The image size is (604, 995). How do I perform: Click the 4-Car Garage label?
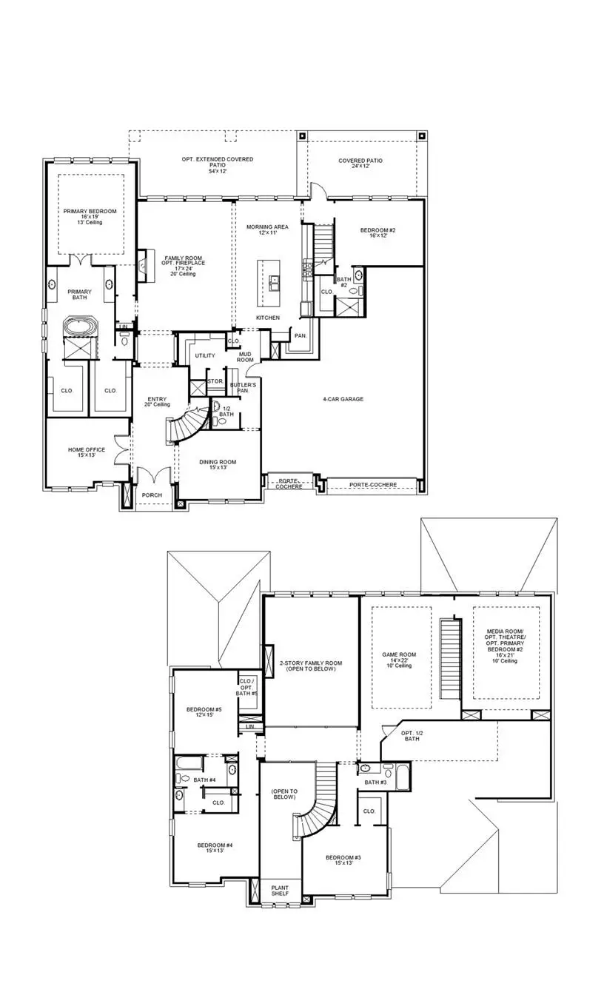342,399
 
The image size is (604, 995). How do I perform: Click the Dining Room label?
217,464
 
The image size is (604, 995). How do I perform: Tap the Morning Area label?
267,230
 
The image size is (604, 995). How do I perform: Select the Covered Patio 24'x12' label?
360,163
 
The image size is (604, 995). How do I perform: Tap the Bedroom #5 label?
204,711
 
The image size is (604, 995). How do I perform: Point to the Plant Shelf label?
281,891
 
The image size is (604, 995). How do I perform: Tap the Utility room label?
205,356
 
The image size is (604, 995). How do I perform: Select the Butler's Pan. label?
243,389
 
